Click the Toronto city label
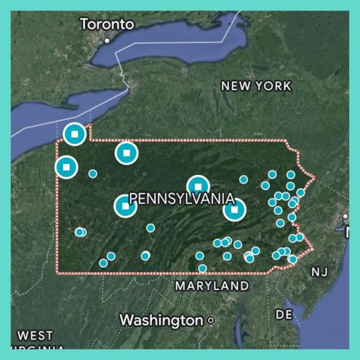(x=107, y=24)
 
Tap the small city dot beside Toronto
(x=107, y=40)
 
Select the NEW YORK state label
(x=256, y=86)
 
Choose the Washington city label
(x=161, y=319)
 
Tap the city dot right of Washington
(x=210, y=320)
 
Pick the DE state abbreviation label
(x=284, y=315)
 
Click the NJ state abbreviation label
(x=319, y=271)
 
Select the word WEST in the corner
(x=35, y=336)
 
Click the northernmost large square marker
(x=74, y=134)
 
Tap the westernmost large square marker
(x=66, y=167)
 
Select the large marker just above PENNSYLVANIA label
(x=198, y=186)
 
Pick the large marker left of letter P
(x=125, y=206)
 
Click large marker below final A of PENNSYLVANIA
(x=234, y=210)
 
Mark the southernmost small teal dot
(x=202, y=269)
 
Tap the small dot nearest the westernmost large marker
(x=93, y=174)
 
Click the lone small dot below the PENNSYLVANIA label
(x=150, y=228)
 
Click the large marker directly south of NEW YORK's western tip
(x=126, y=152)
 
